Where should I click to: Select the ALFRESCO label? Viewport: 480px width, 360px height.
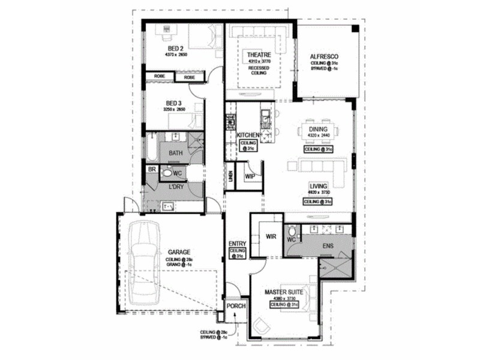(x=325, y=58)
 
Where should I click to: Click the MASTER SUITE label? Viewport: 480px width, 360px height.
(x=284, y=293)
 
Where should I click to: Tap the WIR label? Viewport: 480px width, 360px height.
(x=271, y=237)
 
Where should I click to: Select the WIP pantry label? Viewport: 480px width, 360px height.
(x=250, y=176)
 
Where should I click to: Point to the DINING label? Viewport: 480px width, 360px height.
(x=318, y=129)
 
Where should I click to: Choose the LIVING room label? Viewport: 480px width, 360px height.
(x=318, y=187)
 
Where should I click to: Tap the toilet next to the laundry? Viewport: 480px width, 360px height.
(x=167, y=172)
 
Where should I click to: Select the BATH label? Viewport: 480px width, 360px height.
(x=175, y=153)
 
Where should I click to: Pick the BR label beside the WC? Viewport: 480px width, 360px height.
(x=152, y=170)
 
